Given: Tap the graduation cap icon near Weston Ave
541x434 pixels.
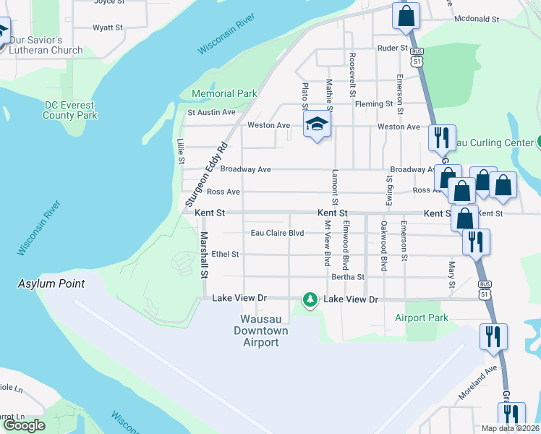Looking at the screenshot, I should [x=317, y=124].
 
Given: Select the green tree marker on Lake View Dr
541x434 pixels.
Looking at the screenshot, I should [x=310, y=299].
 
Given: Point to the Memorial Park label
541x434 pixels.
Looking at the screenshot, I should [x=224, y=93].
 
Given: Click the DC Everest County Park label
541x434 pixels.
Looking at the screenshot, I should [x=70, y=110].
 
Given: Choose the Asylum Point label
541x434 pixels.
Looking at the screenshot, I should [x=51, y=284].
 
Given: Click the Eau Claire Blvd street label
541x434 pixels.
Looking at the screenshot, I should [x=277, y=233].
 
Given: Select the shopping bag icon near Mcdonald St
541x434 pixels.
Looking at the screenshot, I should [x=406, y=15].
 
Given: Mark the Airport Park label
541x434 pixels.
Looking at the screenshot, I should [x=422, y=318].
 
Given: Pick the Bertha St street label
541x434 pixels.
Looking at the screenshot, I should [x=348, y=276].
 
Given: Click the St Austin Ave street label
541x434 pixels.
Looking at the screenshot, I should [x=212, y=112].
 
